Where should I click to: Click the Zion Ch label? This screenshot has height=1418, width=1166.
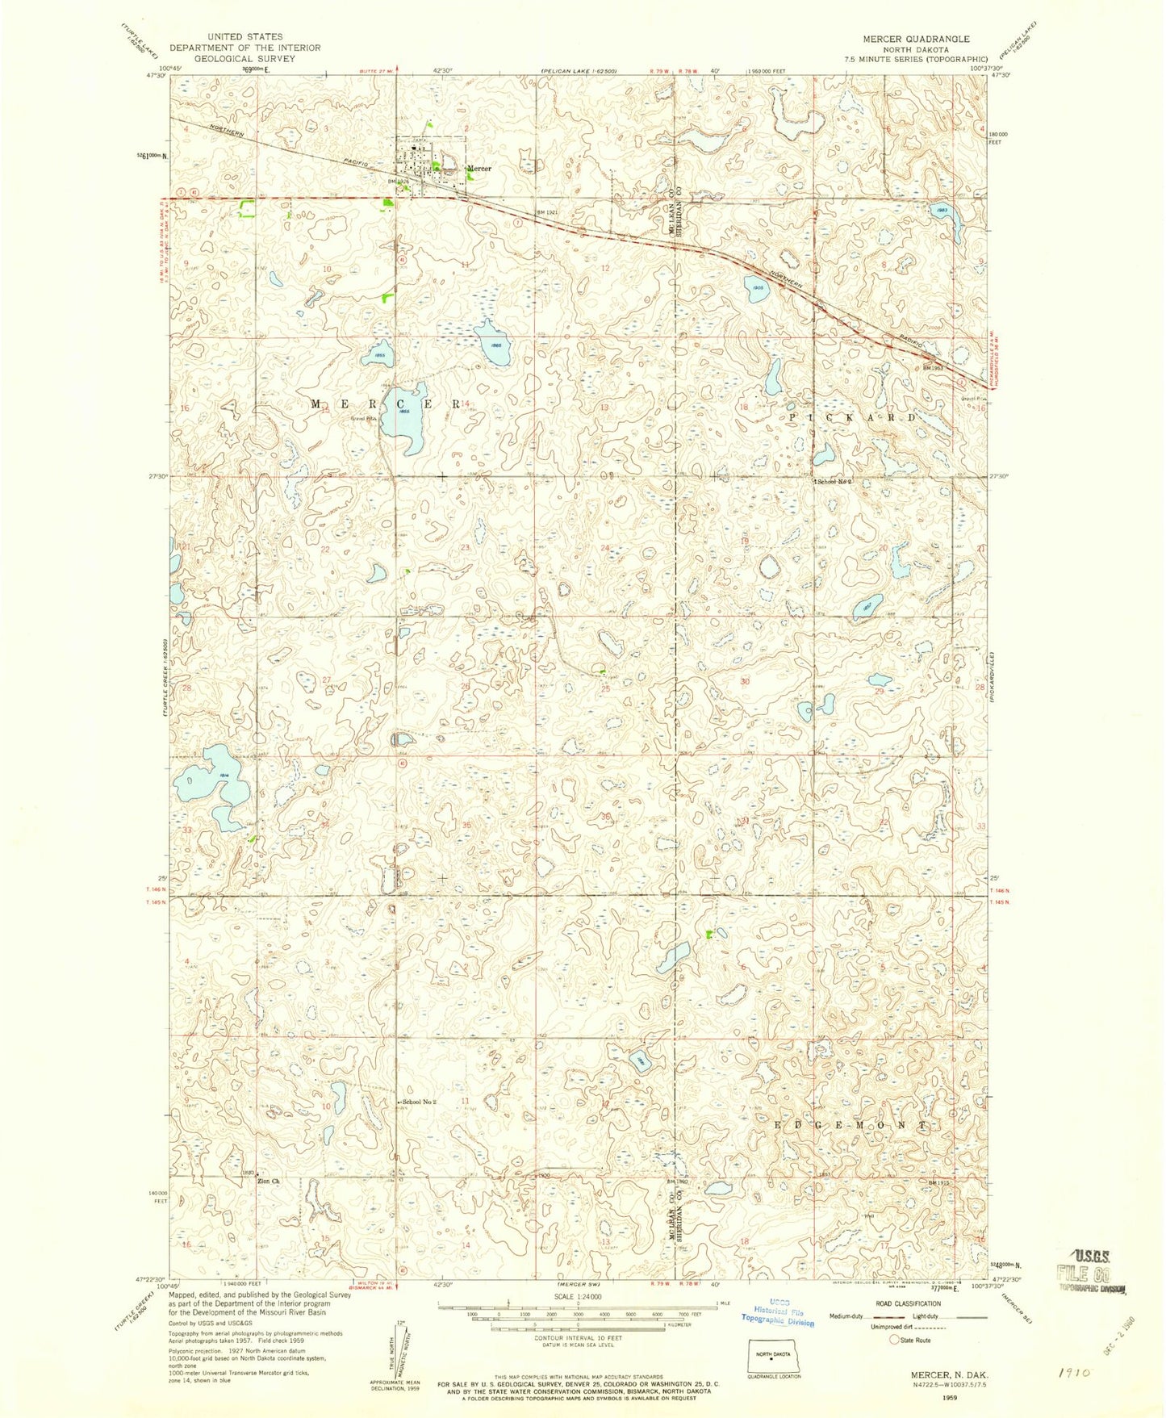click(268, 1182)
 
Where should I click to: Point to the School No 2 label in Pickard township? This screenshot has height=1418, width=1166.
click(834, 482)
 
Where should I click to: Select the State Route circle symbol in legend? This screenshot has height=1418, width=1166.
click(894, 1341)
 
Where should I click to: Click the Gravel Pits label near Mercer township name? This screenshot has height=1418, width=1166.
click(363, 419)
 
